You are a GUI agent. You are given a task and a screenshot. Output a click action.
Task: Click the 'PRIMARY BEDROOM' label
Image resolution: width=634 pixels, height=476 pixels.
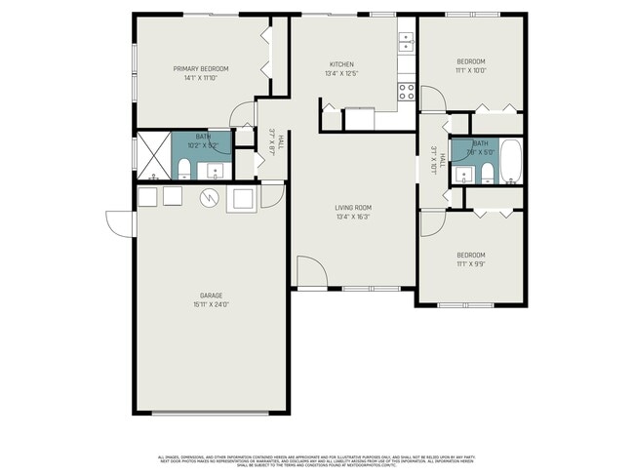click(x=201, y=68)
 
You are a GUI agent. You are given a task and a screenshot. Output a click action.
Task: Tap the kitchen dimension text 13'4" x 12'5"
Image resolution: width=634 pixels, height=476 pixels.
click(x=341, y=74)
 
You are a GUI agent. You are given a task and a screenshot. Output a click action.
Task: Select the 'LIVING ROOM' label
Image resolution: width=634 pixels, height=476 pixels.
click(x=353, y=207)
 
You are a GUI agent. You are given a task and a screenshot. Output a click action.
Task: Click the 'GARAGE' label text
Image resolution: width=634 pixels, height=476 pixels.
click(x=212, y=295)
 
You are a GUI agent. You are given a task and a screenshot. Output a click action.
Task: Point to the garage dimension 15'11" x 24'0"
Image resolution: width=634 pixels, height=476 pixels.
click(x=212, y=303)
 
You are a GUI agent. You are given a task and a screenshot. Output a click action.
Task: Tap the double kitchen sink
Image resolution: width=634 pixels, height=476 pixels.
click(x=406, y=41)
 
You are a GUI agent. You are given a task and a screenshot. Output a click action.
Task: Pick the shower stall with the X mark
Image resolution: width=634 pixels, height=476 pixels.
click(x=153, y=154)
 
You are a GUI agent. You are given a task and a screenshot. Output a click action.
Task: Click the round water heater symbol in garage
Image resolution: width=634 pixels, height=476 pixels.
click(x=208, y=199)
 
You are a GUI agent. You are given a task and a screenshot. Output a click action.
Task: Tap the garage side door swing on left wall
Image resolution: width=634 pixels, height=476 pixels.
click(x=121, y=224)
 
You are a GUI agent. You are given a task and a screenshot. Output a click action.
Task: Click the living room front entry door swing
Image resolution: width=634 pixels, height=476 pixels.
click(x=308, y=273)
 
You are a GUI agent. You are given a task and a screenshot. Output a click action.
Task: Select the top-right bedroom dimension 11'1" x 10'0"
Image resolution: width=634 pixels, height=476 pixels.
click(x=470, y=70)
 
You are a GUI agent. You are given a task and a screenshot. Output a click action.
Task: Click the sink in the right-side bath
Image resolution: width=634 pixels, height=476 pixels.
click(x=461, y=175)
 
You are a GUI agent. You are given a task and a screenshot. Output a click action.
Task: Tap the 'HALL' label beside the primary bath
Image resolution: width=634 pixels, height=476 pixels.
click(x=280, y=142)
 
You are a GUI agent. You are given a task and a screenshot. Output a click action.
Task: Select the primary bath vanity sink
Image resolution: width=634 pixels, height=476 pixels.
click(x=215, y=172)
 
